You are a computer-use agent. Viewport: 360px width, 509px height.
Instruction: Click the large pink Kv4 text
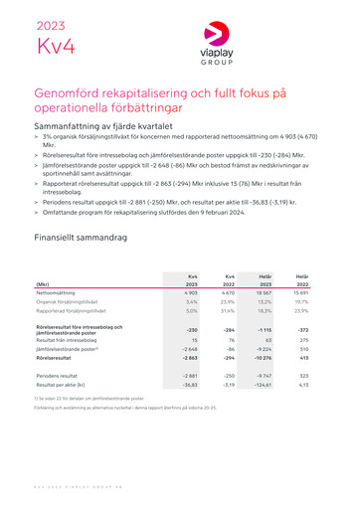55,46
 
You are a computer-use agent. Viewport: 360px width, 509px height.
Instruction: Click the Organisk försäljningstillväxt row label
71,302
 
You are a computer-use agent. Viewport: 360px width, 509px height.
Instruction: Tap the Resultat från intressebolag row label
70,339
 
